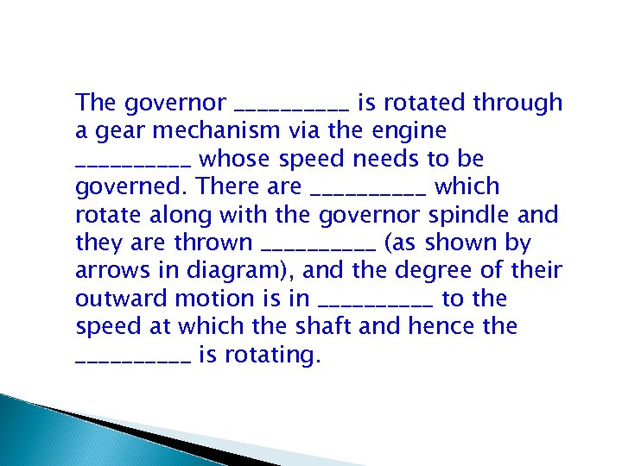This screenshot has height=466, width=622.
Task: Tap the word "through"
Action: [x=518, y=104]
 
